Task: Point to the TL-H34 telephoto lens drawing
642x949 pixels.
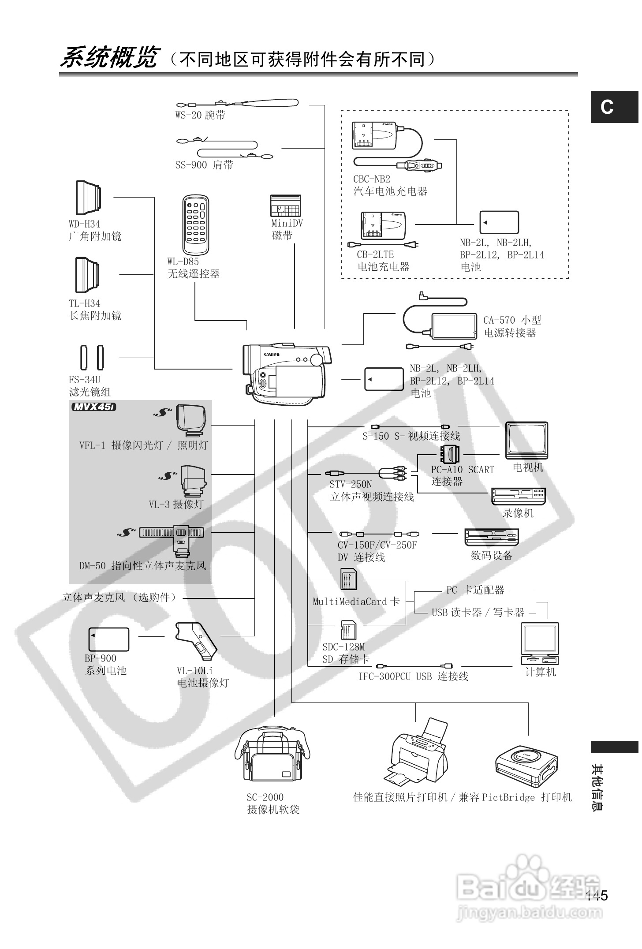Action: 87,275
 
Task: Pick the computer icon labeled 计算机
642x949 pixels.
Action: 540,643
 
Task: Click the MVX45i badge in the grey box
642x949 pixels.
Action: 93,407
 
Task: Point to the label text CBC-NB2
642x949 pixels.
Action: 371,179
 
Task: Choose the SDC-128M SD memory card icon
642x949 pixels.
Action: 348,630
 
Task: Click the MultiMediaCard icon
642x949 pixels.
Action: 349,579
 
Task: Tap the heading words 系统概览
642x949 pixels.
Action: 108,58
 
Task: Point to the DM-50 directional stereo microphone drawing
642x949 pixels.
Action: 172,538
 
